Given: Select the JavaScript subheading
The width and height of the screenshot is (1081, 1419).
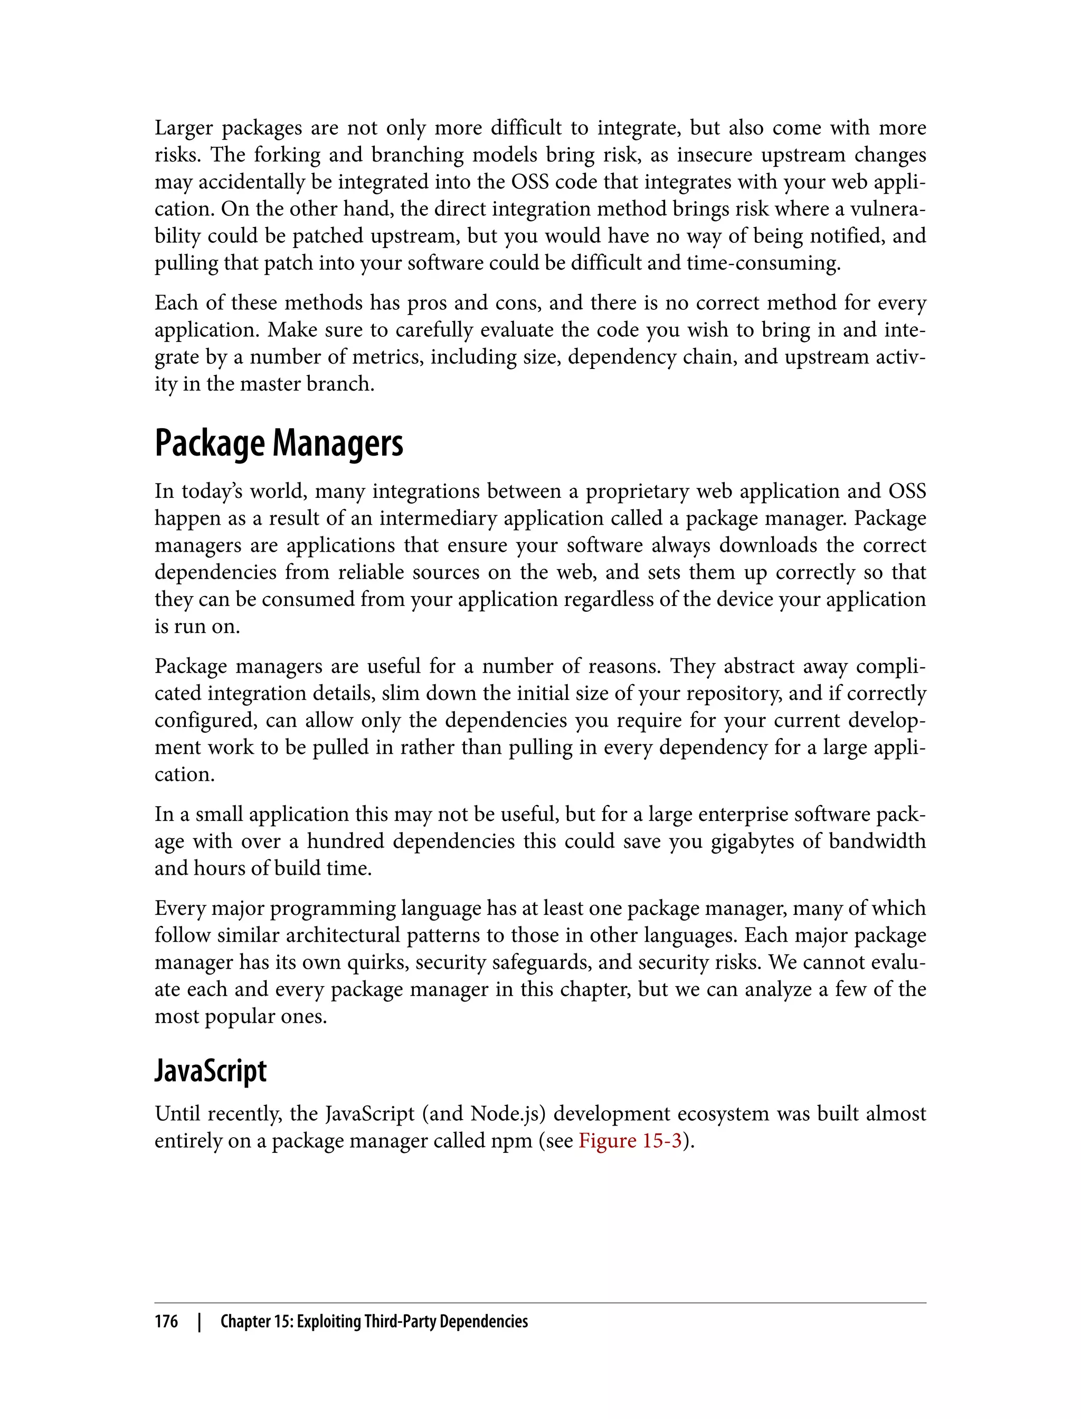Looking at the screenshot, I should (211, 1071).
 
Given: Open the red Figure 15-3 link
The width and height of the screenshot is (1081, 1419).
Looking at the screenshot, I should (630, 1140).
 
